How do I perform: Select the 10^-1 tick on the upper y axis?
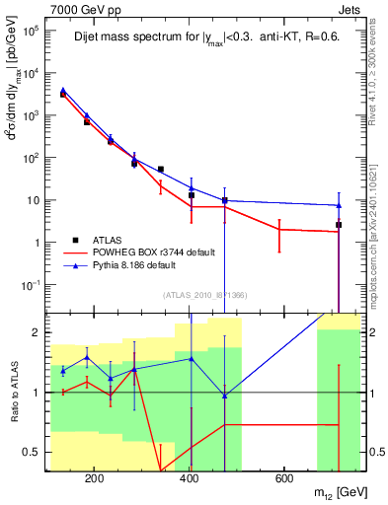pos(30,285)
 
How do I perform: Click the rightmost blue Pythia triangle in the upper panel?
pos(339,205)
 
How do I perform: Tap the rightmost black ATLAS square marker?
pos(339,225)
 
